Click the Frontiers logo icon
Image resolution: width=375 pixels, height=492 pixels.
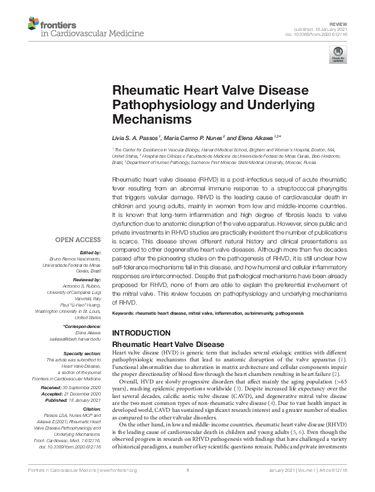click(33, 25)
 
